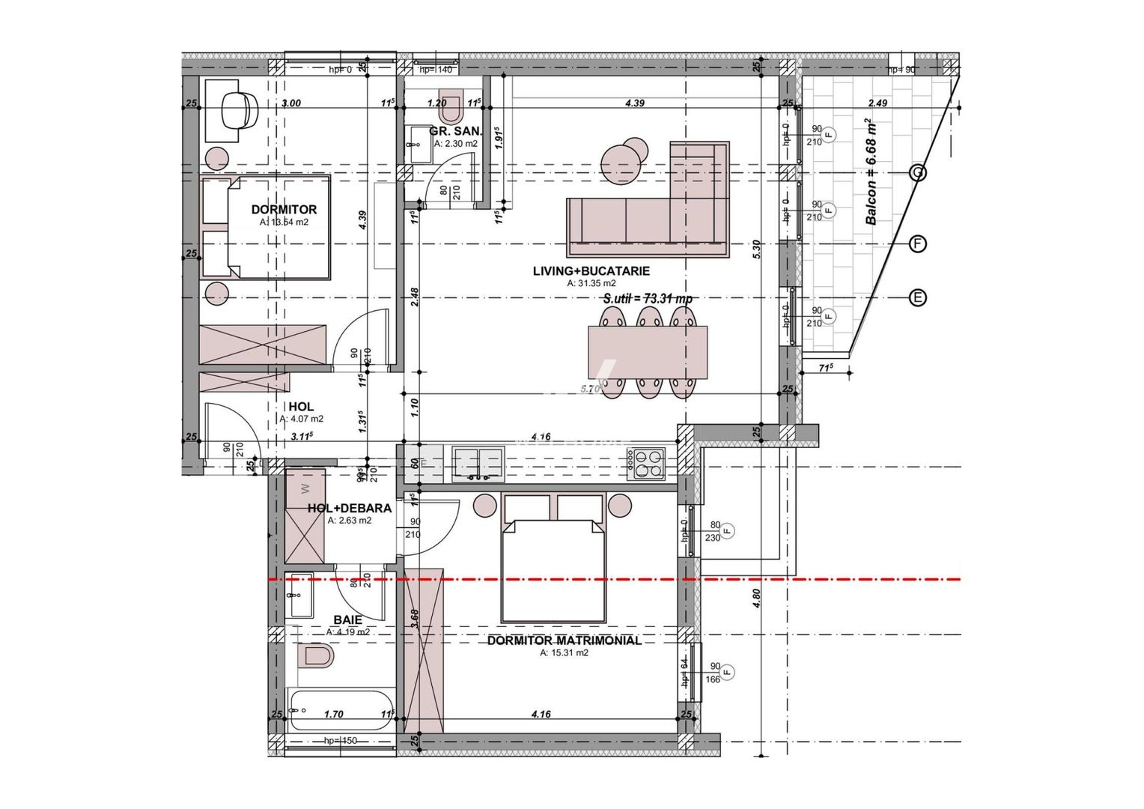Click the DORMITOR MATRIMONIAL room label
pos(564,640)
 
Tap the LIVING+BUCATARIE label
pos(591,270)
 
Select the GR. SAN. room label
pos(455,131)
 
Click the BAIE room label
pos(347,619)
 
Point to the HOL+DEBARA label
pos(349,508)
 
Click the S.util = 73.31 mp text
pos(647,298)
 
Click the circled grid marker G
pos(917,173)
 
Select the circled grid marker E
pos(917,298)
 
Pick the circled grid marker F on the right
pos(917,243)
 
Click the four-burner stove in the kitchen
pos(645,463)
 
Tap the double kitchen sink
pos(478,463)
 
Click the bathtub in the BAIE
pos(341,709)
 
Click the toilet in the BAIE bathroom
pos(315,657)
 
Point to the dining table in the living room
pos(648,352)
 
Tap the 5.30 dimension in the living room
pos(756,249)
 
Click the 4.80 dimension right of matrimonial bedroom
pos(756,598)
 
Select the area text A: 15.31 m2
pos(564,653)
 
